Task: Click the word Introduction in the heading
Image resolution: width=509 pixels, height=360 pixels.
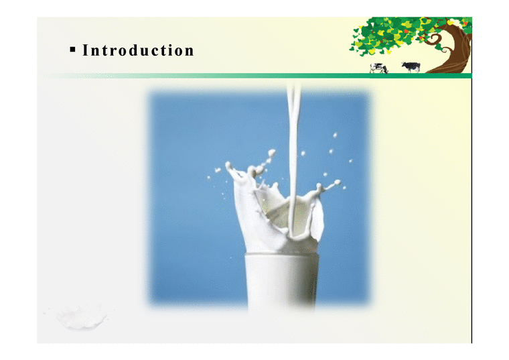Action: pyautogui.click(x=137, y=51)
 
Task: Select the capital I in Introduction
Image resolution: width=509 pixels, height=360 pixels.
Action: pyautogui.click(x=85, y=51)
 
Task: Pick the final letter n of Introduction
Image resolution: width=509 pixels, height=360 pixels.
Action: pyautogui.click(x=190, y=51)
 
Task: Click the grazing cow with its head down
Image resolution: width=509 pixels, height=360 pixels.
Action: pyautogui.click(x=379, y=68)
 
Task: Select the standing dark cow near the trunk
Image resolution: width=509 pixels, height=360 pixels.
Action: pyautogui.click(x=410, y=66)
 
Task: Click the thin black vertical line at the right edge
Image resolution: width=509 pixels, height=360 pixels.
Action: pyautogui.click(x=471, y=215)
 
